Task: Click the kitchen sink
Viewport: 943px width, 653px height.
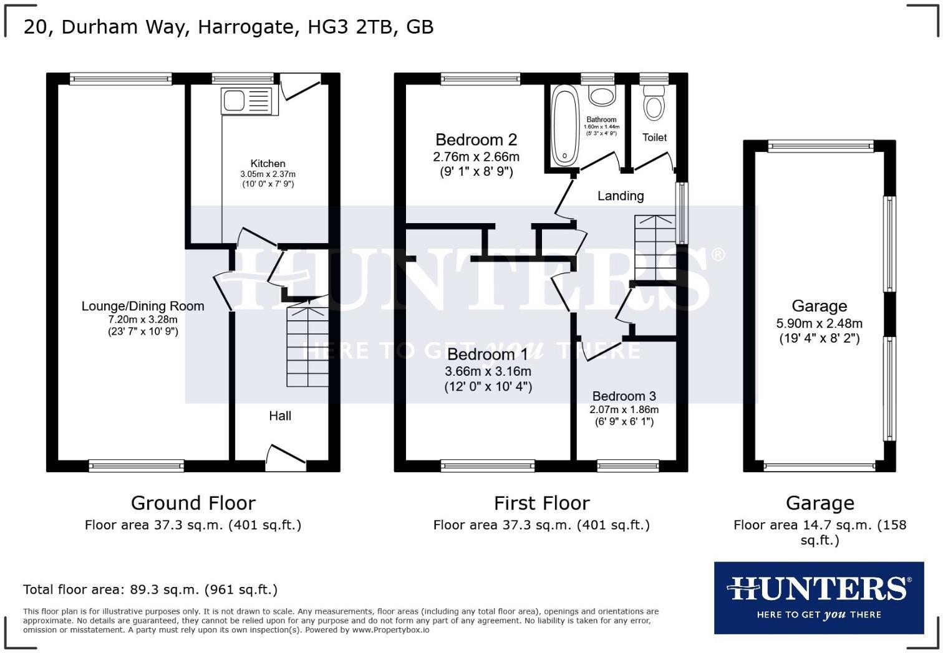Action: pos(246,101)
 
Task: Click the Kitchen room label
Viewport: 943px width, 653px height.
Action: pos(268,164)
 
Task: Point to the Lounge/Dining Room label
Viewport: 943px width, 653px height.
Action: pos(143,306)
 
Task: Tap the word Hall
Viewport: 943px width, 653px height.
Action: pos(280,416)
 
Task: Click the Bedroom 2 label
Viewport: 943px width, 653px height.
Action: pos(476,140)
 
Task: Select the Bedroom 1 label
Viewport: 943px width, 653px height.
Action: pos(488,355)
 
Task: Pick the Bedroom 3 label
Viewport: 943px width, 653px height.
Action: pos(624,396)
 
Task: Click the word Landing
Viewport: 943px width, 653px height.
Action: pos(621,196)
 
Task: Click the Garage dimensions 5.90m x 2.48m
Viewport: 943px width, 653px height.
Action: pos(819,323)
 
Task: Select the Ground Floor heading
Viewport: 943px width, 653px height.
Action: pos(193,503)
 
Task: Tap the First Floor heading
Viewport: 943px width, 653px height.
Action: pos(541,503)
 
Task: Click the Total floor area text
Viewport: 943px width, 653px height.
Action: pos(150,589)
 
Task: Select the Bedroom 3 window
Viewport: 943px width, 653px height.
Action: pos(627,465)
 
